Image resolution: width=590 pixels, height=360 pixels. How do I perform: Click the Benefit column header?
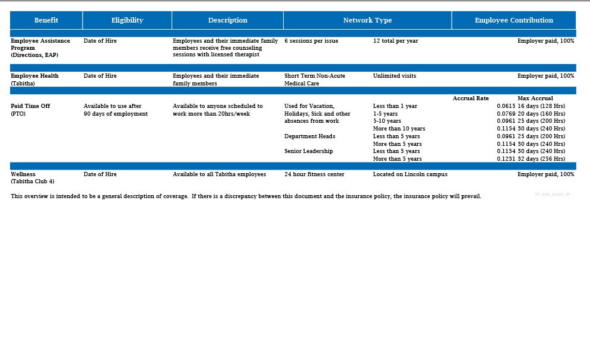(46, 20)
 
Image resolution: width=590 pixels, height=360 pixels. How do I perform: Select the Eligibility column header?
(127, 20)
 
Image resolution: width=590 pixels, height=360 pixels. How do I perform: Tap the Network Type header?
(367, 20)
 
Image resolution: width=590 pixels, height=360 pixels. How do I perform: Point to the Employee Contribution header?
(513, 20)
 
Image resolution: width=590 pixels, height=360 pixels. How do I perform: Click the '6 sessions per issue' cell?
(311, 41)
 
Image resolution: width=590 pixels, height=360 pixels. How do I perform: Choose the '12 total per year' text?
(395, 41)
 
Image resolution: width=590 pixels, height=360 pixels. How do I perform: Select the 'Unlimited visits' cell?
(395, 76)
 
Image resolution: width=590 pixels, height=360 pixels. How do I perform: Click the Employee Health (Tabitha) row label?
(34, 79)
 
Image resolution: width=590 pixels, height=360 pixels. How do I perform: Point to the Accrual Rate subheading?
(471, 98)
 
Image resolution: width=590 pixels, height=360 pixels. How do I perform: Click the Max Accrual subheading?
(535, 98)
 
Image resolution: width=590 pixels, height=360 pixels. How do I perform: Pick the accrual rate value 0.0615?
(506, 106)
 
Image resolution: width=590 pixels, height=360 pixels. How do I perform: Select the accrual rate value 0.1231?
(506, 159)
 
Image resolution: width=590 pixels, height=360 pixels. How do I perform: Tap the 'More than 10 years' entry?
(399, 129)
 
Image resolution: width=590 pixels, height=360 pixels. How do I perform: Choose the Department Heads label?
(309, 136)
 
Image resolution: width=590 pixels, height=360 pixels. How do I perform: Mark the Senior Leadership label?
(309, 151)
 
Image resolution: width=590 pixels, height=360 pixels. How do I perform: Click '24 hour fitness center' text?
(314, 174)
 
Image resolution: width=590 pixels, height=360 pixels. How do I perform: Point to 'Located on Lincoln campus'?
(410, 174)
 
